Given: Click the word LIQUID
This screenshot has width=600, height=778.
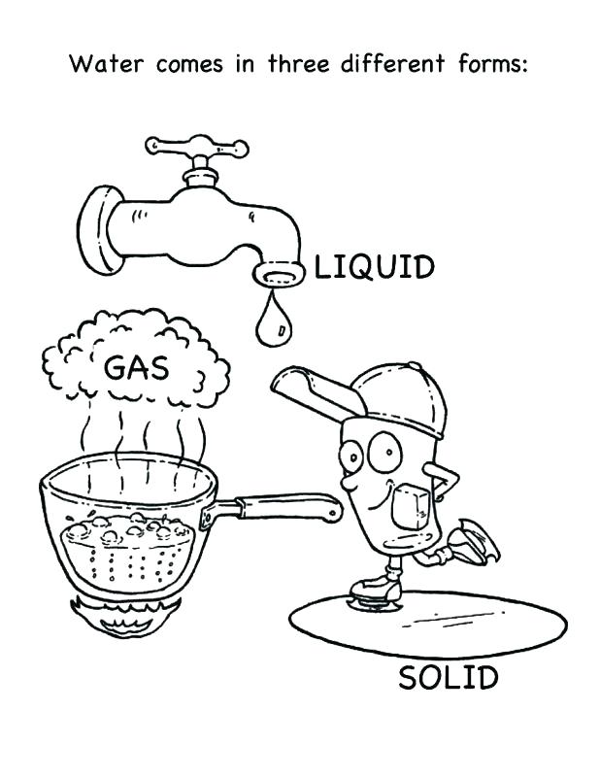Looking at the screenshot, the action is (x=375, y=267).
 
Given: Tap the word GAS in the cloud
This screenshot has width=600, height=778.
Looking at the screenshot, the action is (x=137, y=368).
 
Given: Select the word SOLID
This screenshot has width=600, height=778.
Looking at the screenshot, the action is (x=449, y=678).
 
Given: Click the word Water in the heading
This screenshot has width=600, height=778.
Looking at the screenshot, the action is (x=107, y=64).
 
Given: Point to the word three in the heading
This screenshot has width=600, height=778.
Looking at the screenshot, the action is (x=299, y=63).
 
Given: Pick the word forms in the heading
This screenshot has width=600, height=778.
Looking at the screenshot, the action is (x=492, y=63).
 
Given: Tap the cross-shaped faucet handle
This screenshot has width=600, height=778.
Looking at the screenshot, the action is (x=197, y=147).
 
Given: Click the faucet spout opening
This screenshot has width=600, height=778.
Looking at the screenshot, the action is (x=279, y=274).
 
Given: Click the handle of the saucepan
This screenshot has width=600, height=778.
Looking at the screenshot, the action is (x=283, y=508).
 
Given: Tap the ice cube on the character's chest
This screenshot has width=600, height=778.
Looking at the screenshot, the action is (x=411, y=507).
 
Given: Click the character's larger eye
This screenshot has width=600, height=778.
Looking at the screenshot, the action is (x=384, y=452).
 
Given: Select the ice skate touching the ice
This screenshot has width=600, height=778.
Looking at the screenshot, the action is (x=376, y=591).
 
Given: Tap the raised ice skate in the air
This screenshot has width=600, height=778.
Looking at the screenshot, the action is (x=473, y=542).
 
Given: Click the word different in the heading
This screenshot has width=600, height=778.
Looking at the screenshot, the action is (x=392, y=63).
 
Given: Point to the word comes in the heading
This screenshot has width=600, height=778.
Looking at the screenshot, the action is (x=189, y=65).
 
